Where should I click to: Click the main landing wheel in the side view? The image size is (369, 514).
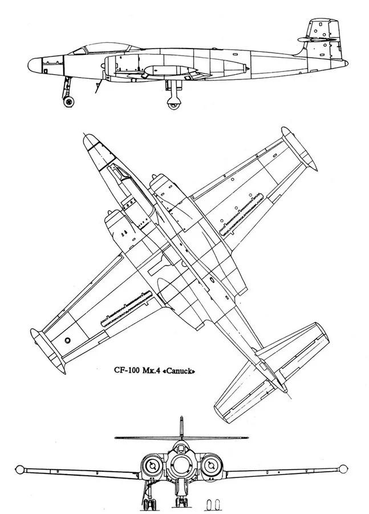click(x=173, y=103)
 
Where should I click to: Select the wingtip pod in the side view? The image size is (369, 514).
click(x=171, y=71)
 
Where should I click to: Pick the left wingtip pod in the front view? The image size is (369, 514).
click(x=20, y=469)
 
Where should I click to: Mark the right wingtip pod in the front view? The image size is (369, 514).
click(x=343, y=469)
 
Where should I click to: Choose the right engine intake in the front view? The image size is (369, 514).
click(x=210, y=465)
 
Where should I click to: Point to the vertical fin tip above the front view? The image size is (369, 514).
click(x=181, y=417)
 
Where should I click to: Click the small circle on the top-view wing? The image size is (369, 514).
click(x=68, y=340)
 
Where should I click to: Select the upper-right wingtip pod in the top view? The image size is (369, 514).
click(x=299, y=150)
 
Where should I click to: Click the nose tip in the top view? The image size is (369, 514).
click(x=86, y=138)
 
